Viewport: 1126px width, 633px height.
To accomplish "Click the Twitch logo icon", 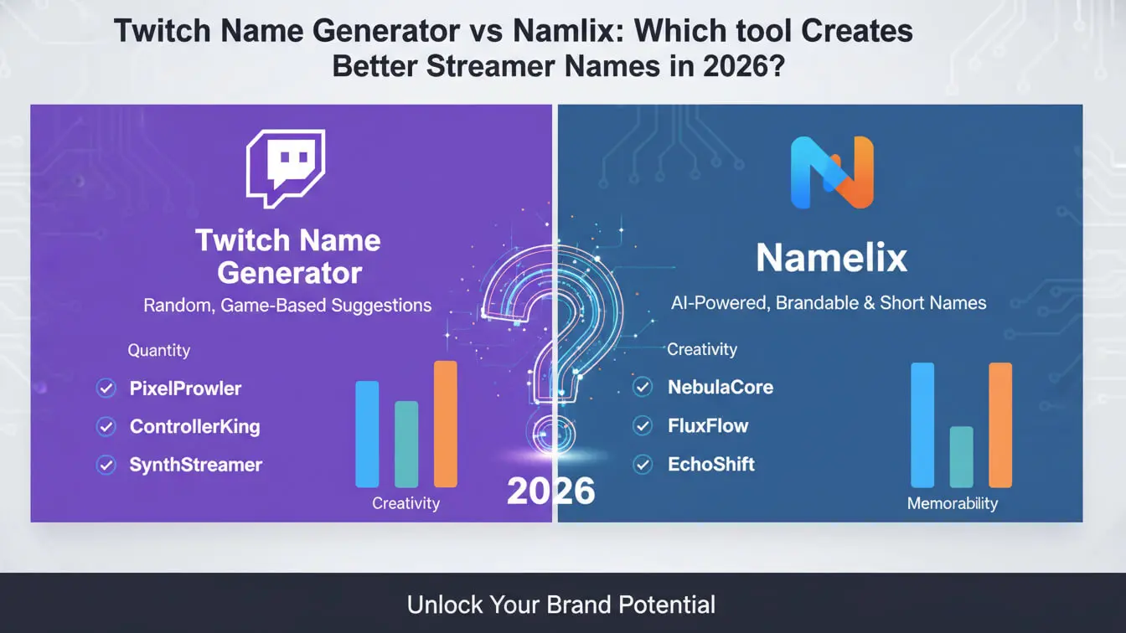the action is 286,168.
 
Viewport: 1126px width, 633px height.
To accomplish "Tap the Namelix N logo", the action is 832,172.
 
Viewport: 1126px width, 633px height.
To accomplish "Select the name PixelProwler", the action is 185,389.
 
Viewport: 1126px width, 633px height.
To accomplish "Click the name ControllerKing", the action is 195,426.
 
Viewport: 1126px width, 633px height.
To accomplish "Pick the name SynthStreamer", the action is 196,465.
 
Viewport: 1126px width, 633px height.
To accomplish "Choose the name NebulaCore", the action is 721,387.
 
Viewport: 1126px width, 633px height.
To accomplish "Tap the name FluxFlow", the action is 708,425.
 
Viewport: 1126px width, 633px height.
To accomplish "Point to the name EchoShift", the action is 711,464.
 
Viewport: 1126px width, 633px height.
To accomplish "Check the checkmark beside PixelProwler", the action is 106,389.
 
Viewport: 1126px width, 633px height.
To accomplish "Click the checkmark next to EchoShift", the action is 643,464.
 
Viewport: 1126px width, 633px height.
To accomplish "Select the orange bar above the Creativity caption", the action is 446,424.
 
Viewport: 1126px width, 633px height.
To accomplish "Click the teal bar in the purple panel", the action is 406,444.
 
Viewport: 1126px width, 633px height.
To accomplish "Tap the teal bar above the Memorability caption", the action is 961,456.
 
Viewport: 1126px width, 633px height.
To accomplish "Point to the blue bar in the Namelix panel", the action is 922,425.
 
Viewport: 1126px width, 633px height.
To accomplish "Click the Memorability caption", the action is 953,503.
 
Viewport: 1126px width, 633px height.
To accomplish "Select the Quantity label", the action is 159,350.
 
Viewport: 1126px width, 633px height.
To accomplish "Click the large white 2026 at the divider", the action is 551,491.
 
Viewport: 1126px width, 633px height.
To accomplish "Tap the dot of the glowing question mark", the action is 551,434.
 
